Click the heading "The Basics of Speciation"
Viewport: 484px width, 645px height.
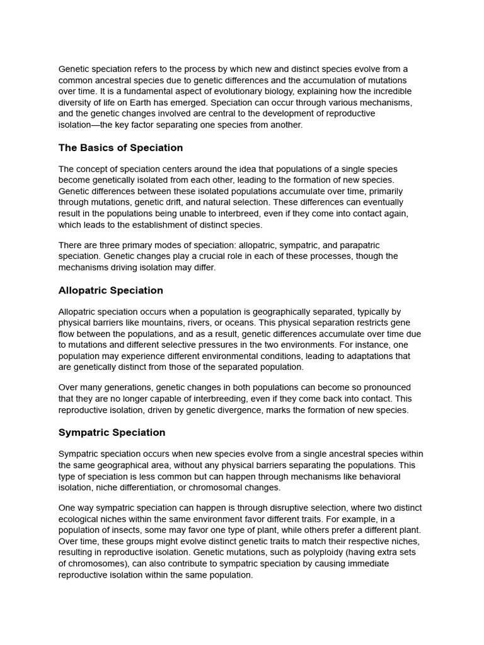tap(120, 148)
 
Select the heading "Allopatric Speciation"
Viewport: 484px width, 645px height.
tap(110, 290)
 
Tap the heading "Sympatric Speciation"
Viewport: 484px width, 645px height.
tap(112, 433)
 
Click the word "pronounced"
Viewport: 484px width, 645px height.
tap(383, 387)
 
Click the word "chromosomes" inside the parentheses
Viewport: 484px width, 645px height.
tap(96, 564)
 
